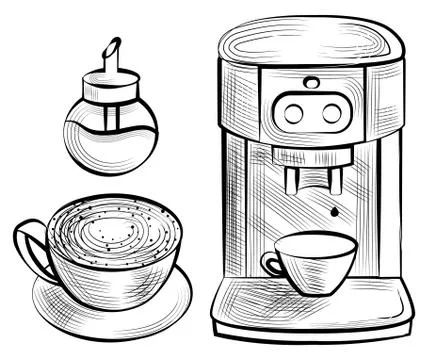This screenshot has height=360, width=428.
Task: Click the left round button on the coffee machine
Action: [293, 114]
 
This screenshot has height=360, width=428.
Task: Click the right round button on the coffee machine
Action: [331, 114]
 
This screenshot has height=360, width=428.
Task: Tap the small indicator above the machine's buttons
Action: [312, 82]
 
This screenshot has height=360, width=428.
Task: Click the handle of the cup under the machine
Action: [270, 263]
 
